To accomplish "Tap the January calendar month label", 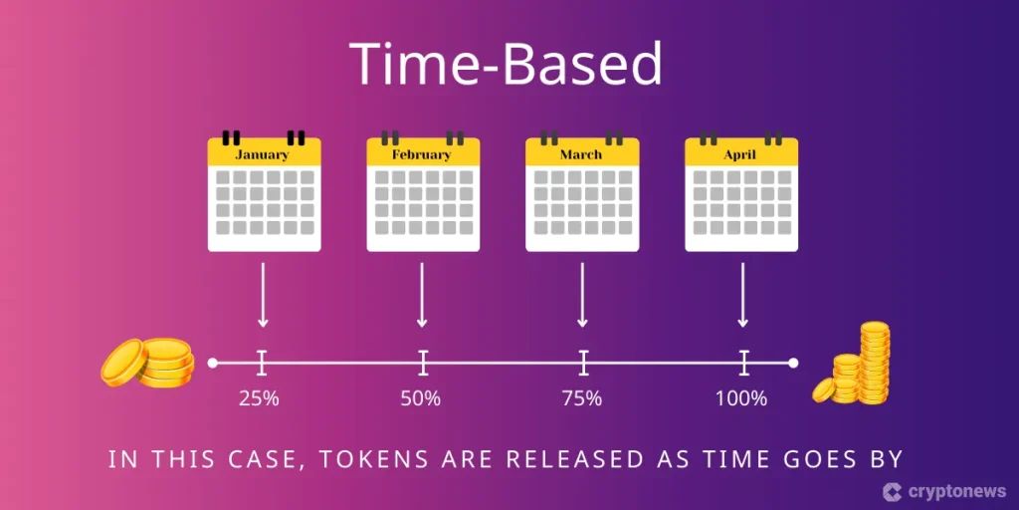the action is (262, 154).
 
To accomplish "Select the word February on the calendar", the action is (421, 154).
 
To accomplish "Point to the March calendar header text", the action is (581, 154).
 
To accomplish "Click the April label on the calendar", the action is (740, 155).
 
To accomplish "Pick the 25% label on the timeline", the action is (259, 398).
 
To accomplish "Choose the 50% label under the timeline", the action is (421, 398).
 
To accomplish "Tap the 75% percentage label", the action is (581, 398).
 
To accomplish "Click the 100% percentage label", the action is (741, 398).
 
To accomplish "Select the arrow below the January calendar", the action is (263, 295).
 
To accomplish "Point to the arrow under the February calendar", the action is (422, 295).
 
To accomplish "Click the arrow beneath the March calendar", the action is (582, 295).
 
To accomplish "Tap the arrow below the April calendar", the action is (742, 295).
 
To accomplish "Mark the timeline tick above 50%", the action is (423, 363).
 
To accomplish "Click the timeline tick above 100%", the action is (743, 363).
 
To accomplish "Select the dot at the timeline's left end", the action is (212, 363).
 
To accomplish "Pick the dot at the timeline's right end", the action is (793, 363).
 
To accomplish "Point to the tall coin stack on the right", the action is (874, 363).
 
